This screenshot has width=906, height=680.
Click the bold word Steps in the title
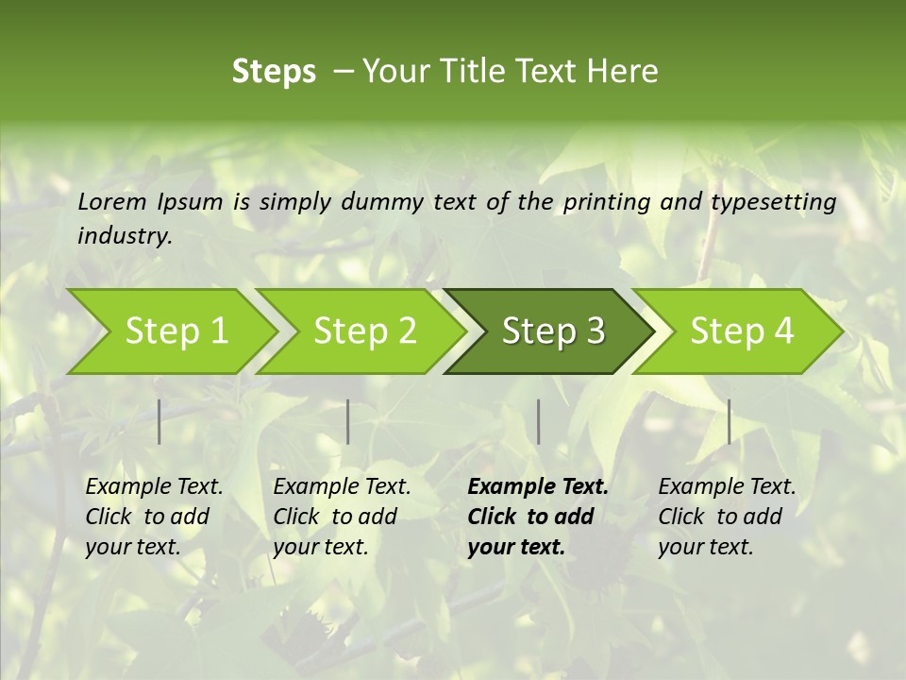[x=274, y=72]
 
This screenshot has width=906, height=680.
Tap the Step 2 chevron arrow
[x=364, y=331]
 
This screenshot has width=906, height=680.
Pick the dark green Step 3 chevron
[x=552, y=331]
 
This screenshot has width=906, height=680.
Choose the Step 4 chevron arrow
[x=741, y=331]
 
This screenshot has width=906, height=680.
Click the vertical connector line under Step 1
[x=159, y=421]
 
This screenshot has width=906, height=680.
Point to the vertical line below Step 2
[x=348, y=421]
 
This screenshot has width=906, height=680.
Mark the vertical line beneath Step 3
[x=539, y=421]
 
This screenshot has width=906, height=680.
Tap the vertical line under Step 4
[x=730, y=421]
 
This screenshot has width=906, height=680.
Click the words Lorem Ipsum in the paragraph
[x=150, y=202]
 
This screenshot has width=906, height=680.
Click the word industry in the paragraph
[x=124, y=236]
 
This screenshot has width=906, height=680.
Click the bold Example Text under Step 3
[x=538, y=487]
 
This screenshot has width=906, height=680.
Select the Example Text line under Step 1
[x=154, y=487]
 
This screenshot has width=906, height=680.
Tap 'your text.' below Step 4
[x=705, y=547]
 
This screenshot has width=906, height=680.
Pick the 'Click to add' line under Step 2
[x=335, y=518]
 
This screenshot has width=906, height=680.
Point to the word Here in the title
[x=623, y=72]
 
